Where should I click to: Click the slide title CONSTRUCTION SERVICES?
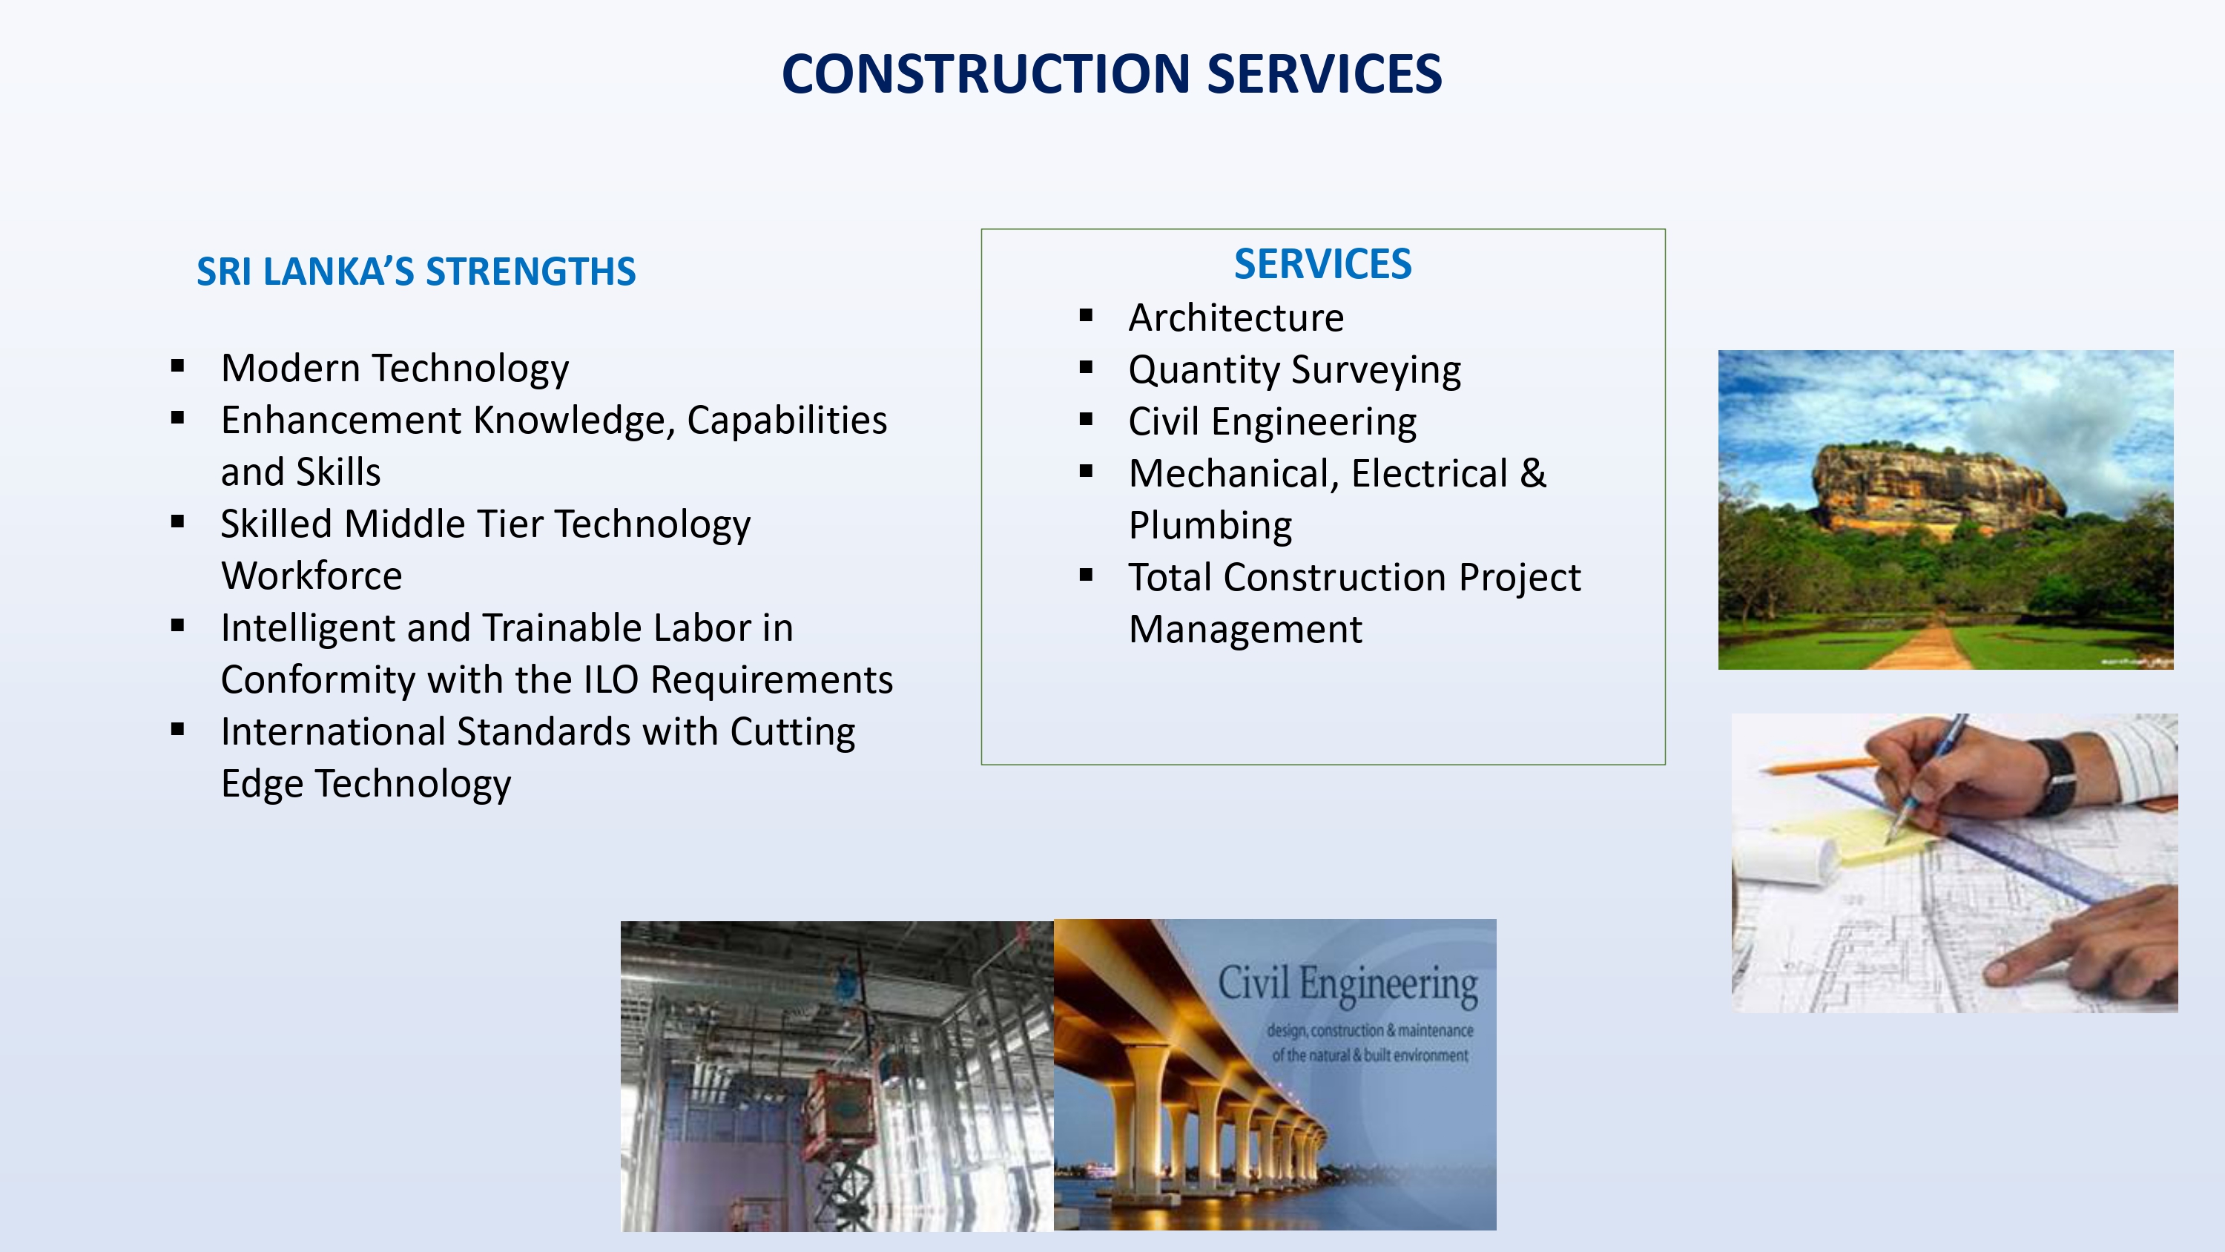tap(1112, 73)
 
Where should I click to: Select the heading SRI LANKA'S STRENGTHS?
tap(416, 271)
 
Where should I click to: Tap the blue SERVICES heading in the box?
tap(1322, 263)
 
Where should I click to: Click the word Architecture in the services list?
tap(1236, 317)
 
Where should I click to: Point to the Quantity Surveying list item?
tap(1295, 371)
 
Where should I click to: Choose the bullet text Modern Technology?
tap(395, 369)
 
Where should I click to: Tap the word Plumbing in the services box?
tap(1210, 526)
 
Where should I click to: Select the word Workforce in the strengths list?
tap(311, 576)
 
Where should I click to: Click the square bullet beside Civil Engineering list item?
tap(1086, 420)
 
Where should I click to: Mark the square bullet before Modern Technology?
tap(178, 366)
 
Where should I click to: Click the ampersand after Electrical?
tap(1533, 473)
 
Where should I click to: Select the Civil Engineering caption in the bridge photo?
tap(1348, 985)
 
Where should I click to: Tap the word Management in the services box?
tap(1245, 630)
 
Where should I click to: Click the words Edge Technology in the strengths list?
tap(366, 785)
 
